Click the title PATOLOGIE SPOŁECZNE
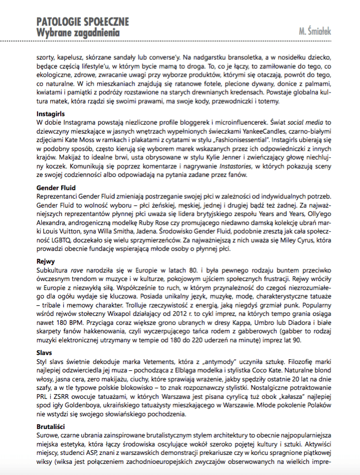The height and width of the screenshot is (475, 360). pyautogui.click(x=82, y=22)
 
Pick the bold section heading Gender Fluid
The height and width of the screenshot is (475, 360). pyautogui.click(x=56, y=188)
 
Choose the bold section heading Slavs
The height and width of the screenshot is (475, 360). pyautogui.click(x=44, y=351)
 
